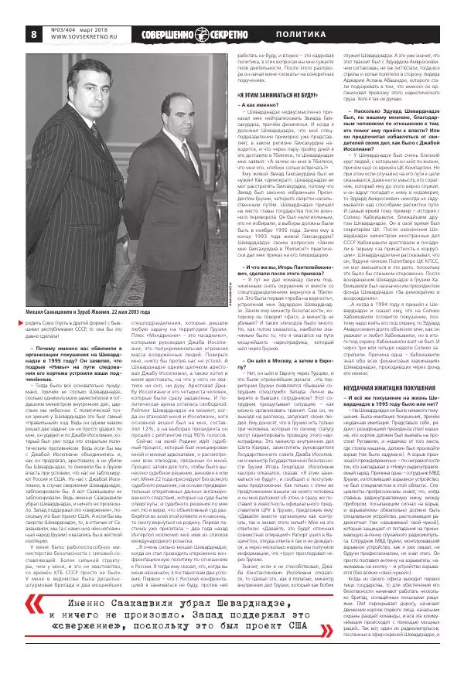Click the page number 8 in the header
tap(35, 35)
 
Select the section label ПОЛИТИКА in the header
tap(302, 35)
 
